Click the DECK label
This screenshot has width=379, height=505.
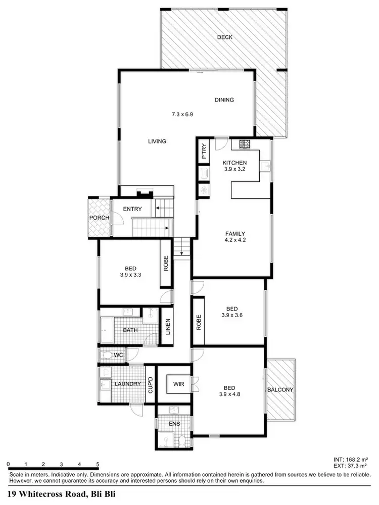(x=224, y=37)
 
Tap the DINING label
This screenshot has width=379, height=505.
(x=224, y=100)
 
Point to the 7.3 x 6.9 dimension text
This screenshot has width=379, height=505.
(x=182, y=115)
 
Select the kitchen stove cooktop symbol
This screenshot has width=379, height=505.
(x=245, y=144)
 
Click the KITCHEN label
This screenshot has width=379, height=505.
(x=235, y=163)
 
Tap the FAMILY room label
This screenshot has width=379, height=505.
(x=235, y=234)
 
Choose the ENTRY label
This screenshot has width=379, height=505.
(x=132, y=209)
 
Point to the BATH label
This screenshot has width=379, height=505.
(x=130, y=331)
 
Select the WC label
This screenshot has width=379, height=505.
(x=118, y=356)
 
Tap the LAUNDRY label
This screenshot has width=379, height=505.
(x=127, y=384)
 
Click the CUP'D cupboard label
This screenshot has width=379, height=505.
(x=150, y=386)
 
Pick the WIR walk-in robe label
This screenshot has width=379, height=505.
(x=178, y=384)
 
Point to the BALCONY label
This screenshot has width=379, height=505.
(x=280, y=390)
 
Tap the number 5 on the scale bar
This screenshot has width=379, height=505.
(x=97, y=464)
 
